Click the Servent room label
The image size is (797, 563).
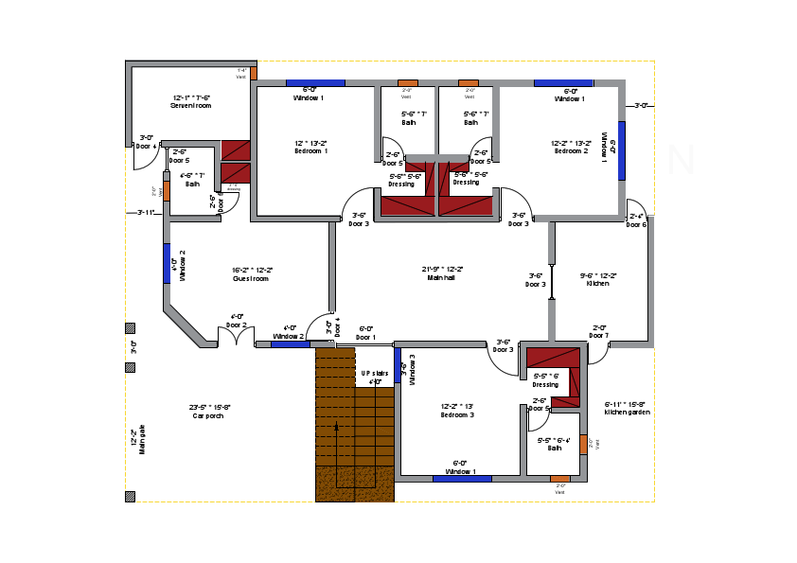point(191,105)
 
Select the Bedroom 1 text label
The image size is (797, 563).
point(310,150)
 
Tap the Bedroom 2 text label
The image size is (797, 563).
point(571,150)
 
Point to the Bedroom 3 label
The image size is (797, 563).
point(457,414)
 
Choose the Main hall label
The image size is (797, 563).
point(440,277)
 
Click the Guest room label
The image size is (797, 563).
point(252,278)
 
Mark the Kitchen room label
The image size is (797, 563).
point(598,283)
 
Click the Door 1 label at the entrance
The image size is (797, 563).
point(365,336)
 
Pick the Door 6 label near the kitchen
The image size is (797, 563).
point(637,224)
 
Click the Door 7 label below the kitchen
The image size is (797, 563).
point(598,335)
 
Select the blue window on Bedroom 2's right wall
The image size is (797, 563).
point(622,150)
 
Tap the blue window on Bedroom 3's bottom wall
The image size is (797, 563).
point(462,479)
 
